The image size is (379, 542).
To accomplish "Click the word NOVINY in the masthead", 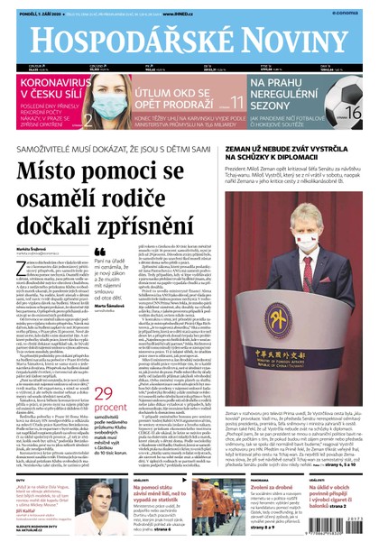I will tap(294, 32).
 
